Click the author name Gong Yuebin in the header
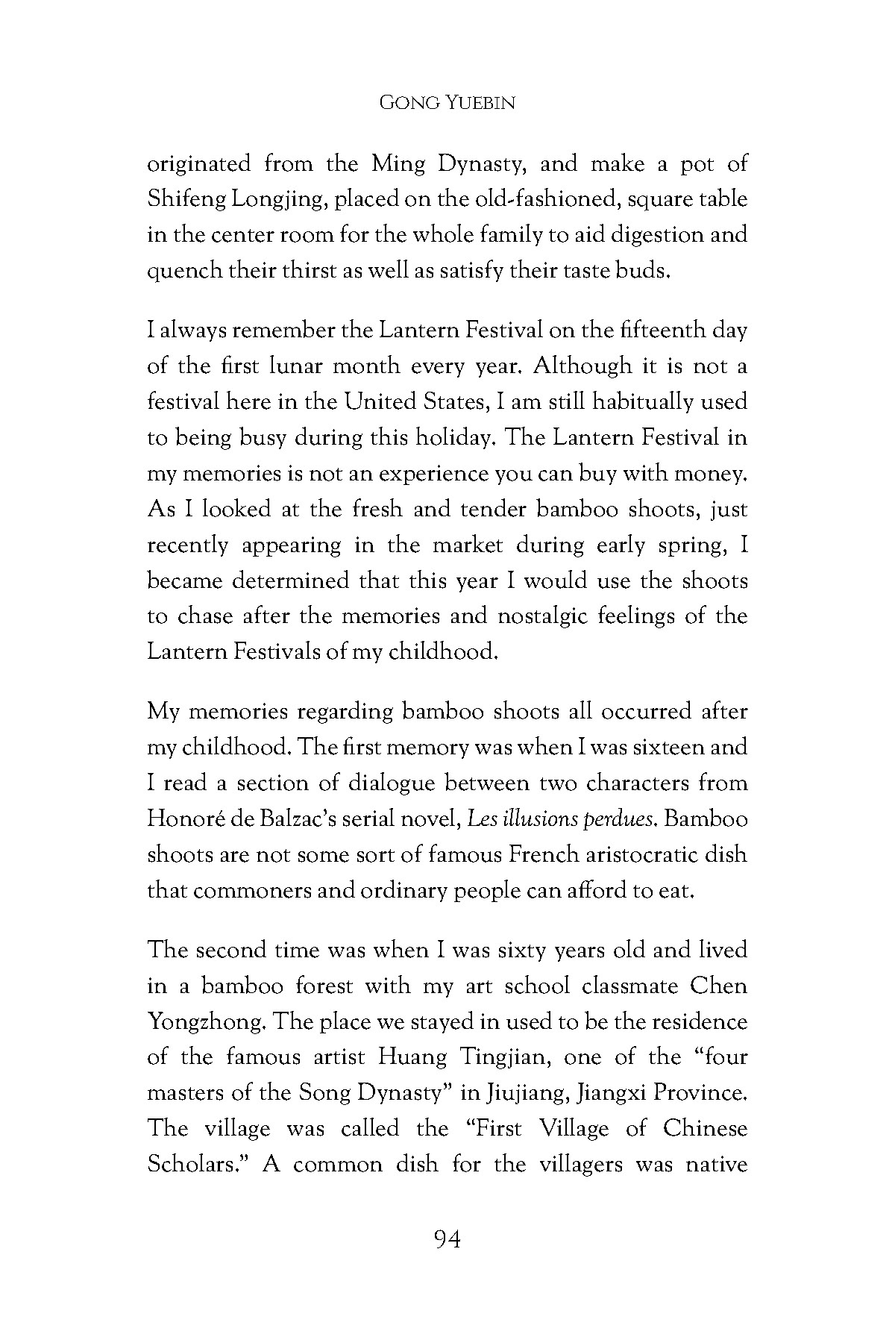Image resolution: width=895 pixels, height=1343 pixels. (x=447, y=103)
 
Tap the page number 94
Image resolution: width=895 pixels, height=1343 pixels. (x=447, y=1239)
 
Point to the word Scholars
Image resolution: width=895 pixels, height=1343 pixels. (x=196, y=1164)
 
